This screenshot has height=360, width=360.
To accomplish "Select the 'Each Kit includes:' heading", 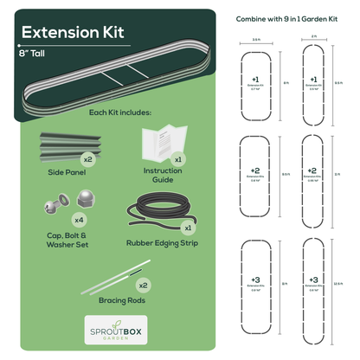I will coord(120,112).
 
